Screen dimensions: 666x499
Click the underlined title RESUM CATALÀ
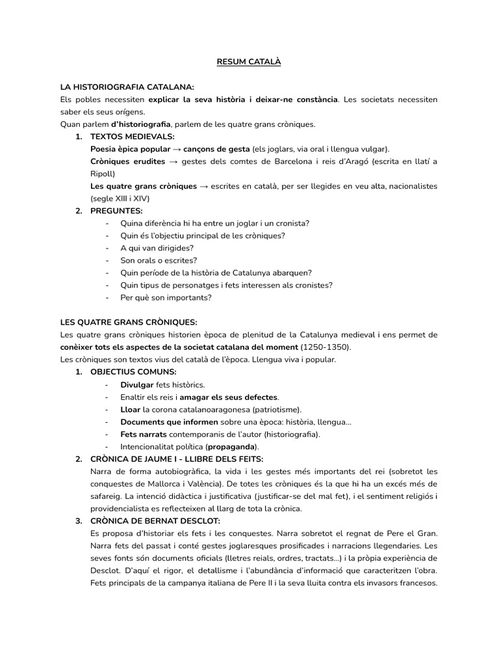[249, 62]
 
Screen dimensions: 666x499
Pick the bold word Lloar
[130, 409]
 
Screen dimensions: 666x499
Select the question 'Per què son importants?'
[166, 297]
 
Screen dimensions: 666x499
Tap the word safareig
[107, 496]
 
